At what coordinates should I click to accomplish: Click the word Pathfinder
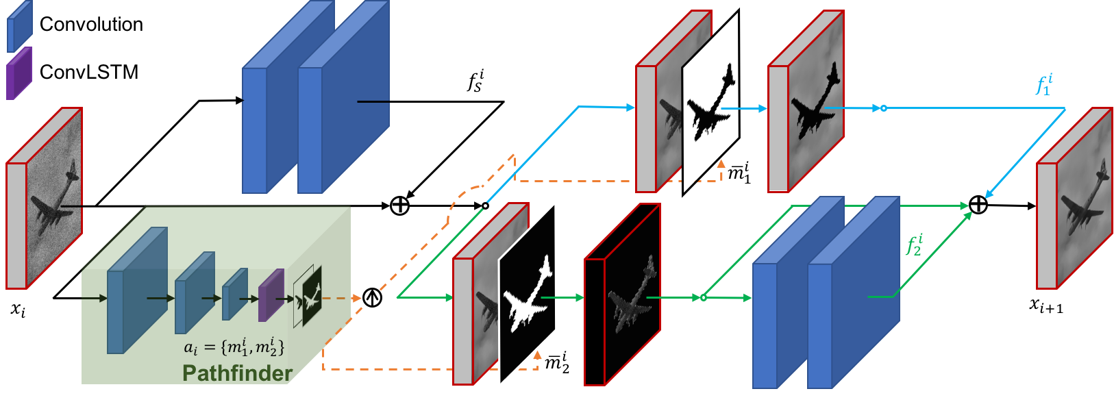pyautogui.click(x=237, y=373)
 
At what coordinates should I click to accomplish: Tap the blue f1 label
pyautogui.click(x=1044, y=85)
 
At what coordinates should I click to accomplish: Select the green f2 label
pyautogui.click(x=915, y=245)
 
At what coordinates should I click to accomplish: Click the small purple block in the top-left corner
pyautogui.click(x=19, y=73)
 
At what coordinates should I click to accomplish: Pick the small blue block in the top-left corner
pyautogui.click(x=19, y=26)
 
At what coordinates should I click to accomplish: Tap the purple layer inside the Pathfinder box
pyautogui.click(x=271, y=295)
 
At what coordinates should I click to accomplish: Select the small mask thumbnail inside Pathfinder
pyautogui.click(x=308, y=297)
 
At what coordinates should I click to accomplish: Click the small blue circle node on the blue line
pyautogui.click(x=883, y=108)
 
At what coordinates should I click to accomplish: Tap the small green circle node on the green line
pyautogui.click(x=703, y=298)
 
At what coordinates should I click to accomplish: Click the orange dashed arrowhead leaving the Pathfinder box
pyautogui.click(x=356, y=298)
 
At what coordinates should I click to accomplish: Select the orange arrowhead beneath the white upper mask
pyautogui.click(x=721, y=164)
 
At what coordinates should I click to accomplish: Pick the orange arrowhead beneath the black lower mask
pyautogui.click(x=537, y=355)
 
